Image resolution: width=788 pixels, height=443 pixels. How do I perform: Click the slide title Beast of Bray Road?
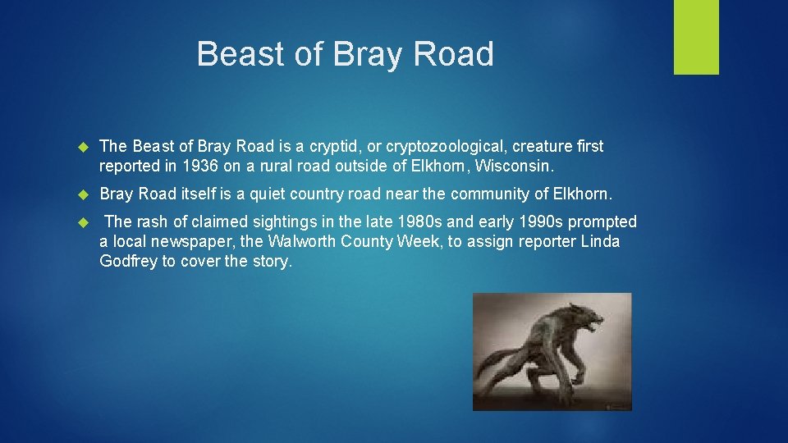coord(345,54)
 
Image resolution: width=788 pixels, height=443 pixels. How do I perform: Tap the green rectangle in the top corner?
coord(696,37)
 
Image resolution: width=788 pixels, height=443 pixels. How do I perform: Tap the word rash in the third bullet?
coord(149,221)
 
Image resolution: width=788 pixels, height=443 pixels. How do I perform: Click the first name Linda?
coord(600,241)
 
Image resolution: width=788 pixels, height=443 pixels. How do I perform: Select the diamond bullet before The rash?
coord(82,222)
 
